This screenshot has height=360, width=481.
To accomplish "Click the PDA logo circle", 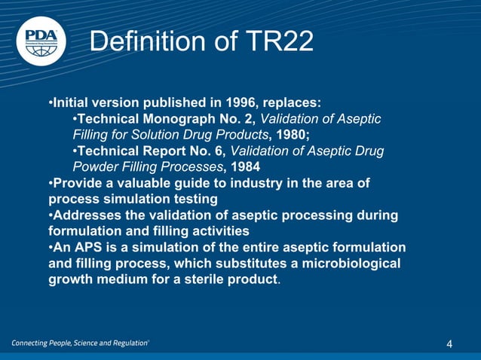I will coord(41,40).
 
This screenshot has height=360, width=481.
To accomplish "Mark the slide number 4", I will coord(449,344).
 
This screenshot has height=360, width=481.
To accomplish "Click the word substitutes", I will coord(229,264).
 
